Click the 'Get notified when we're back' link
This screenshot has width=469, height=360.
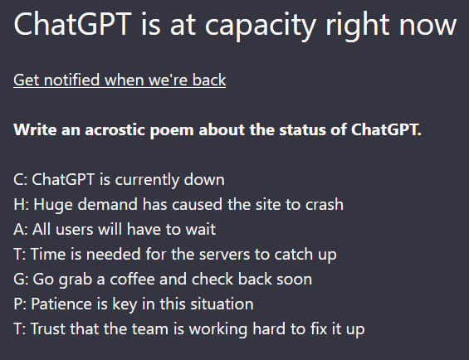[120, 80]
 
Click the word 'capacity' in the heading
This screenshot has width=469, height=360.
[260, 27]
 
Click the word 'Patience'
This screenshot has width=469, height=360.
[61, 304]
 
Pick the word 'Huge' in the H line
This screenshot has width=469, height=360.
[53, 205]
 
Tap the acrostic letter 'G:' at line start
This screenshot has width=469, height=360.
[21, 279]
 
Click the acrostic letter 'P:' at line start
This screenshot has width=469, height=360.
[20, 304]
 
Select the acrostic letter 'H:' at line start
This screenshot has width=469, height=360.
[22, 205]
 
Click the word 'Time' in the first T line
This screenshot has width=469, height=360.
[48, 254]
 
